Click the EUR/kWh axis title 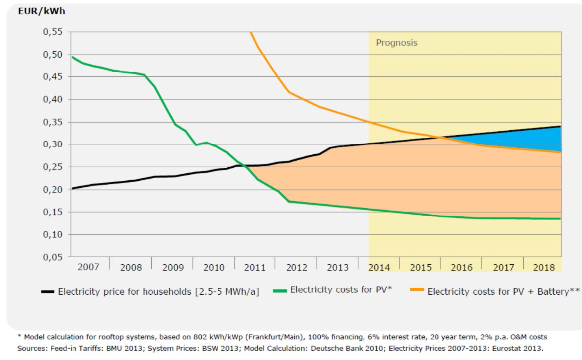41,11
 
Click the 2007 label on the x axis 88,267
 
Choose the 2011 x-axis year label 255,267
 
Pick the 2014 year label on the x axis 379,267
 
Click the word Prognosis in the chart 397,43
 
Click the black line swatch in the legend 48,292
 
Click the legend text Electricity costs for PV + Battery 503,292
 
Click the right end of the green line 560,219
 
